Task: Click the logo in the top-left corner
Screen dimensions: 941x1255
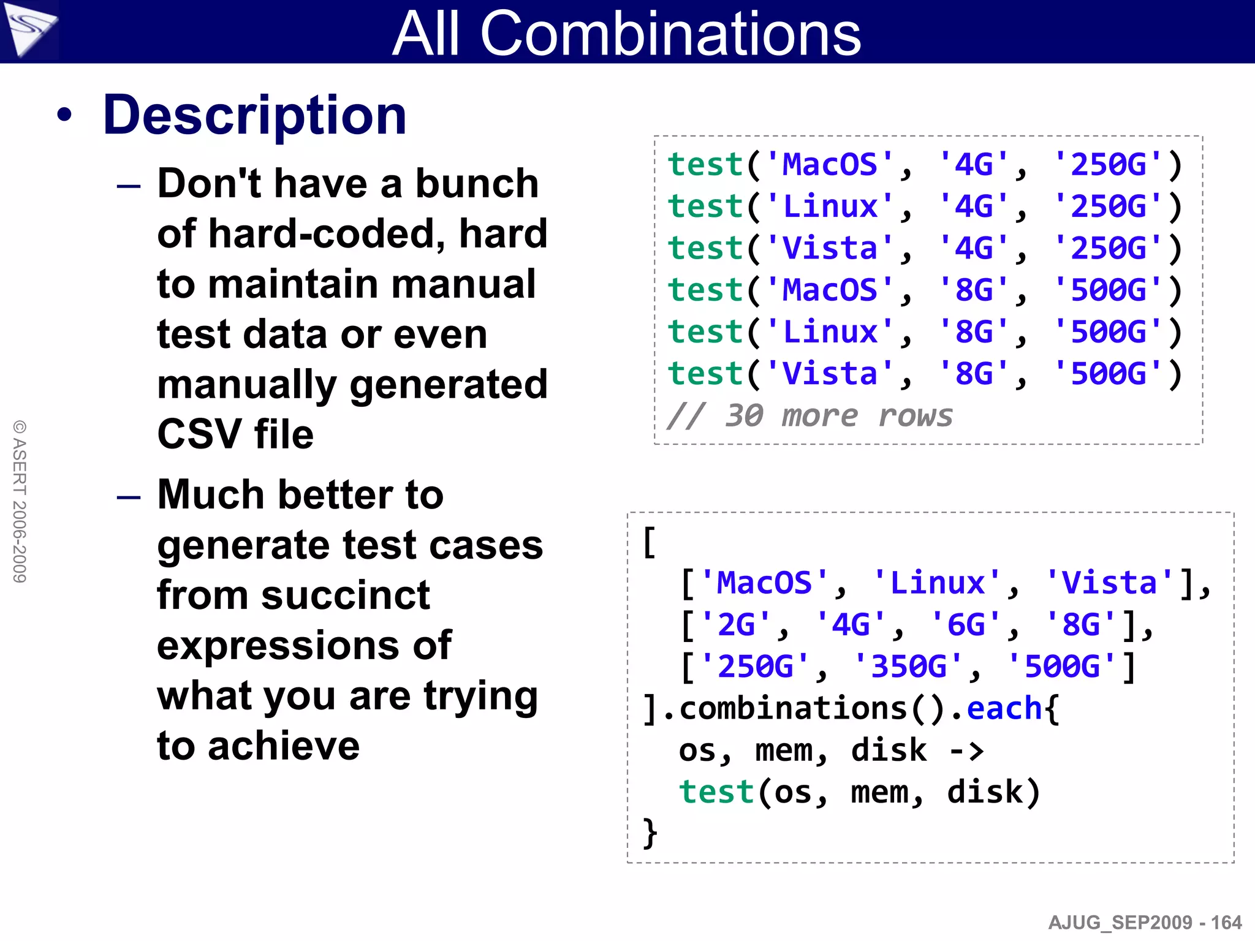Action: click(28, 29)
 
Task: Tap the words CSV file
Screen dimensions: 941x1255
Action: click(235, 434)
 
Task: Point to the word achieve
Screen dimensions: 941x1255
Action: click(284, 746)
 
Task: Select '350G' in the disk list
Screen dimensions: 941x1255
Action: click(909, 667)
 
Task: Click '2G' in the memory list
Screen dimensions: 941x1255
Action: click(735, 625)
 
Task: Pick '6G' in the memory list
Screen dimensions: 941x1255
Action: click(966, 625)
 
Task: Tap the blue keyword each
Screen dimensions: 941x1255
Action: click(1004, 709)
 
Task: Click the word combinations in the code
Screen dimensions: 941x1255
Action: click(793, 709)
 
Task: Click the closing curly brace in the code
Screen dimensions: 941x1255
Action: click(650, 833)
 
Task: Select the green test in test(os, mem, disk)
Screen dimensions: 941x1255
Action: click(716, 792)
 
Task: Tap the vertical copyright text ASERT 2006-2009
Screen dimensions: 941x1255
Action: click(20, 501)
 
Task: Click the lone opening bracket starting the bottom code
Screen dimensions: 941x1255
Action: click(650, 542)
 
